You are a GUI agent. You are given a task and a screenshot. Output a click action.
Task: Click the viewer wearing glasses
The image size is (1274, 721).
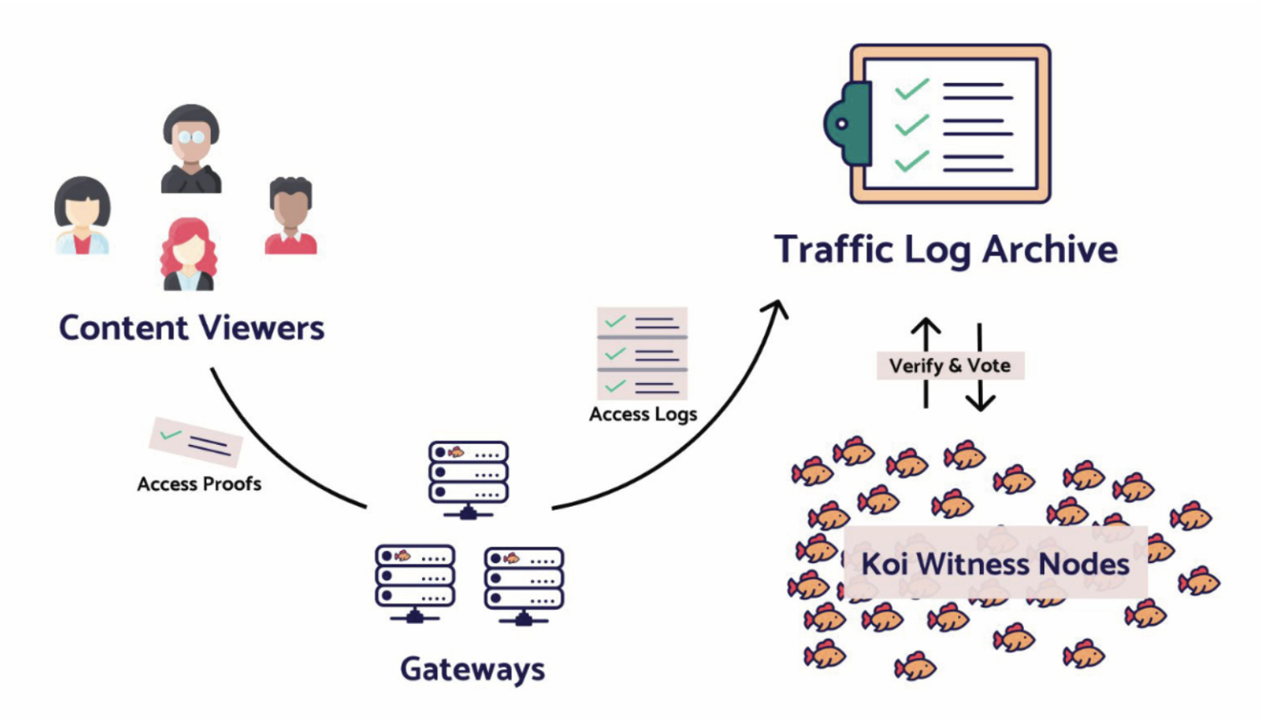click(191, 148)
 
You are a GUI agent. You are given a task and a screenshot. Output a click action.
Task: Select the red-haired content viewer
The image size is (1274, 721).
click(188, 253)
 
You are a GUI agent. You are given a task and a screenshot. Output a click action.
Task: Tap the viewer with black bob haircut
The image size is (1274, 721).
click(82, 215)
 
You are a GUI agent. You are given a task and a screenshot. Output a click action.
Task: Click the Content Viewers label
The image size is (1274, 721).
click(191, 328)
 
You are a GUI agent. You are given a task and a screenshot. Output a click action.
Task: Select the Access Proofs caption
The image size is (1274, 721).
click(199, 484)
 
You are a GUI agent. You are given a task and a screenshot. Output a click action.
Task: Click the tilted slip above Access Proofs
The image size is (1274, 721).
click(196, 441)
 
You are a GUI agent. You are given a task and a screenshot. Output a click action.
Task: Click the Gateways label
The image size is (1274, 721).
click(472, 669)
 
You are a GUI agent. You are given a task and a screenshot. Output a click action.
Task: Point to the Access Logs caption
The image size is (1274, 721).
click(643, 415)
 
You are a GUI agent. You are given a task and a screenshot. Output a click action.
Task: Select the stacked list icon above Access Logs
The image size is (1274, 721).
click(642, 353)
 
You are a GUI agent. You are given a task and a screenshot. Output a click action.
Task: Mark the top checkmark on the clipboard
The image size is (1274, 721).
click(911, 89)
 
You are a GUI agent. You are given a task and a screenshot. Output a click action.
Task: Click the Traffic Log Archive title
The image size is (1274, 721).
click(945, 249)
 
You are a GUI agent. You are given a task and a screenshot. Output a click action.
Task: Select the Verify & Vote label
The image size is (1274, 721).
click(950, 366)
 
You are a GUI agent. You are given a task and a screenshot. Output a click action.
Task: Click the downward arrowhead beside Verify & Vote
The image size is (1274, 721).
click(980, 401)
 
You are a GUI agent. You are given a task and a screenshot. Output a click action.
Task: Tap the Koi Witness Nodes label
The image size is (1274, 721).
click(995, 564)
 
